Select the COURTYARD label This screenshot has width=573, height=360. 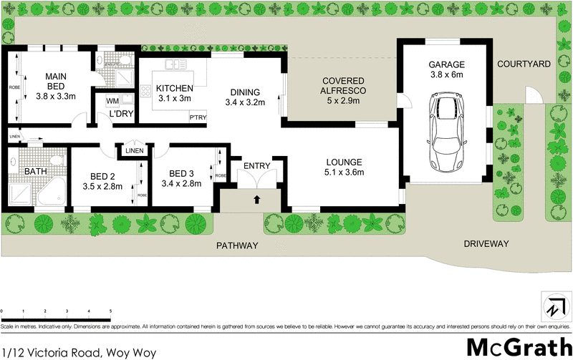click(524, 64)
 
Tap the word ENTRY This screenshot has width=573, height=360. click(256, 166)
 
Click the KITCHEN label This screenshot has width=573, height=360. click(175, 88)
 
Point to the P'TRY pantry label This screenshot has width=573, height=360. click(198, 117)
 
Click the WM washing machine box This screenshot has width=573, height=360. click(112, 101)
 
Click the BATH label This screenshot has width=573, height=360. click(35, 172)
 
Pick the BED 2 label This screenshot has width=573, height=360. click(103, 176)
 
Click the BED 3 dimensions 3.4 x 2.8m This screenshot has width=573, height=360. click(181, 184)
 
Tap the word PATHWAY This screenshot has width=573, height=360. click(237, 245)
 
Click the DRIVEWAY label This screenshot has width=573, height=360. click(486, 244)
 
